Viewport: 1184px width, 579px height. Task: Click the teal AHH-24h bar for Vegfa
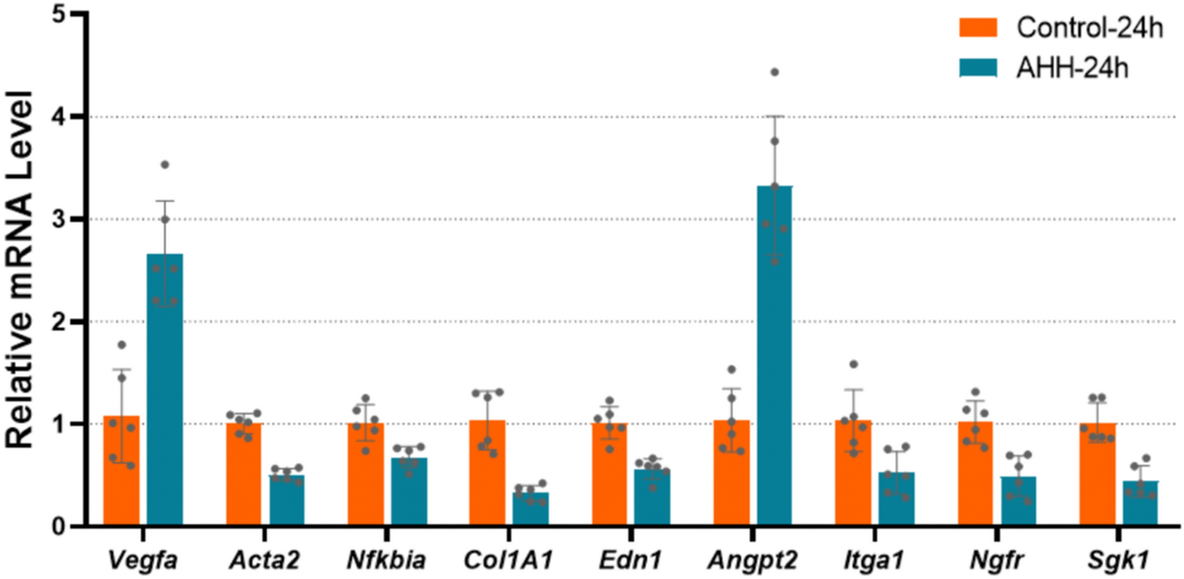(x=164, y=395)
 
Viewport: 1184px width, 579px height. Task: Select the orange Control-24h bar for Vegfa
(x=121, y=475)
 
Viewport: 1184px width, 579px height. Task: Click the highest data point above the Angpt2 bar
(x=775, y=72)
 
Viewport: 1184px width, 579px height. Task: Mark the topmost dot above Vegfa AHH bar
(x=164, y=165)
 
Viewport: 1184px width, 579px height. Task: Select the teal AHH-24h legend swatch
(x=981, y=69)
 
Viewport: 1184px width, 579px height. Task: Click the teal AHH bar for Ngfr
(x=1019, y=502)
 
